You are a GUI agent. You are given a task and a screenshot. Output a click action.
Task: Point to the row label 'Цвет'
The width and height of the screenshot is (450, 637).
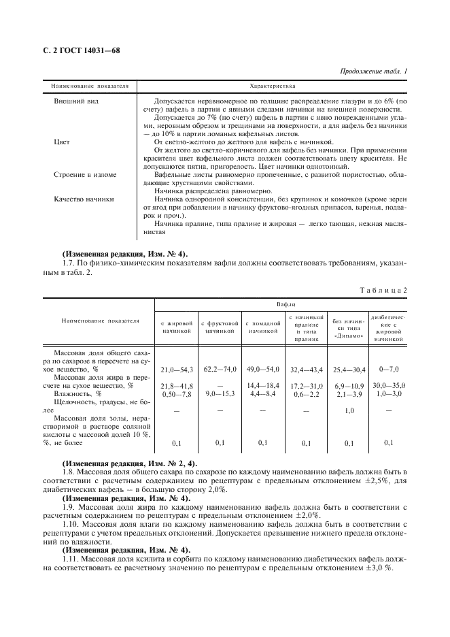[x=62, y=142]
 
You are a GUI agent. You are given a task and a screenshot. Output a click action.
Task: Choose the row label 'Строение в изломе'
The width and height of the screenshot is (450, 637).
[x=84, y=175]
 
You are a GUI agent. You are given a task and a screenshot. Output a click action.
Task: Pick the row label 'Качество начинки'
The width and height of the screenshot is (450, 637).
[x=84, y=199]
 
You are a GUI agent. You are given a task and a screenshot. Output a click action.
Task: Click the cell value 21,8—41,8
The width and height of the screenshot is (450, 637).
[x=177, y=386]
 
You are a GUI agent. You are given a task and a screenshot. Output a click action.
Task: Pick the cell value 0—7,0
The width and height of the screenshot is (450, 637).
[x=389, y=369]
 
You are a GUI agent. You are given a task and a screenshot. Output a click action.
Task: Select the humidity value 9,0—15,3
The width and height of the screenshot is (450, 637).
[x=220, y=393]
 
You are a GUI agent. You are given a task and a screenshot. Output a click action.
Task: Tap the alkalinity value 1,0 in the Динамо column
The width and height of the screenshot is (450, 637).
[x=349, y=410]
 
